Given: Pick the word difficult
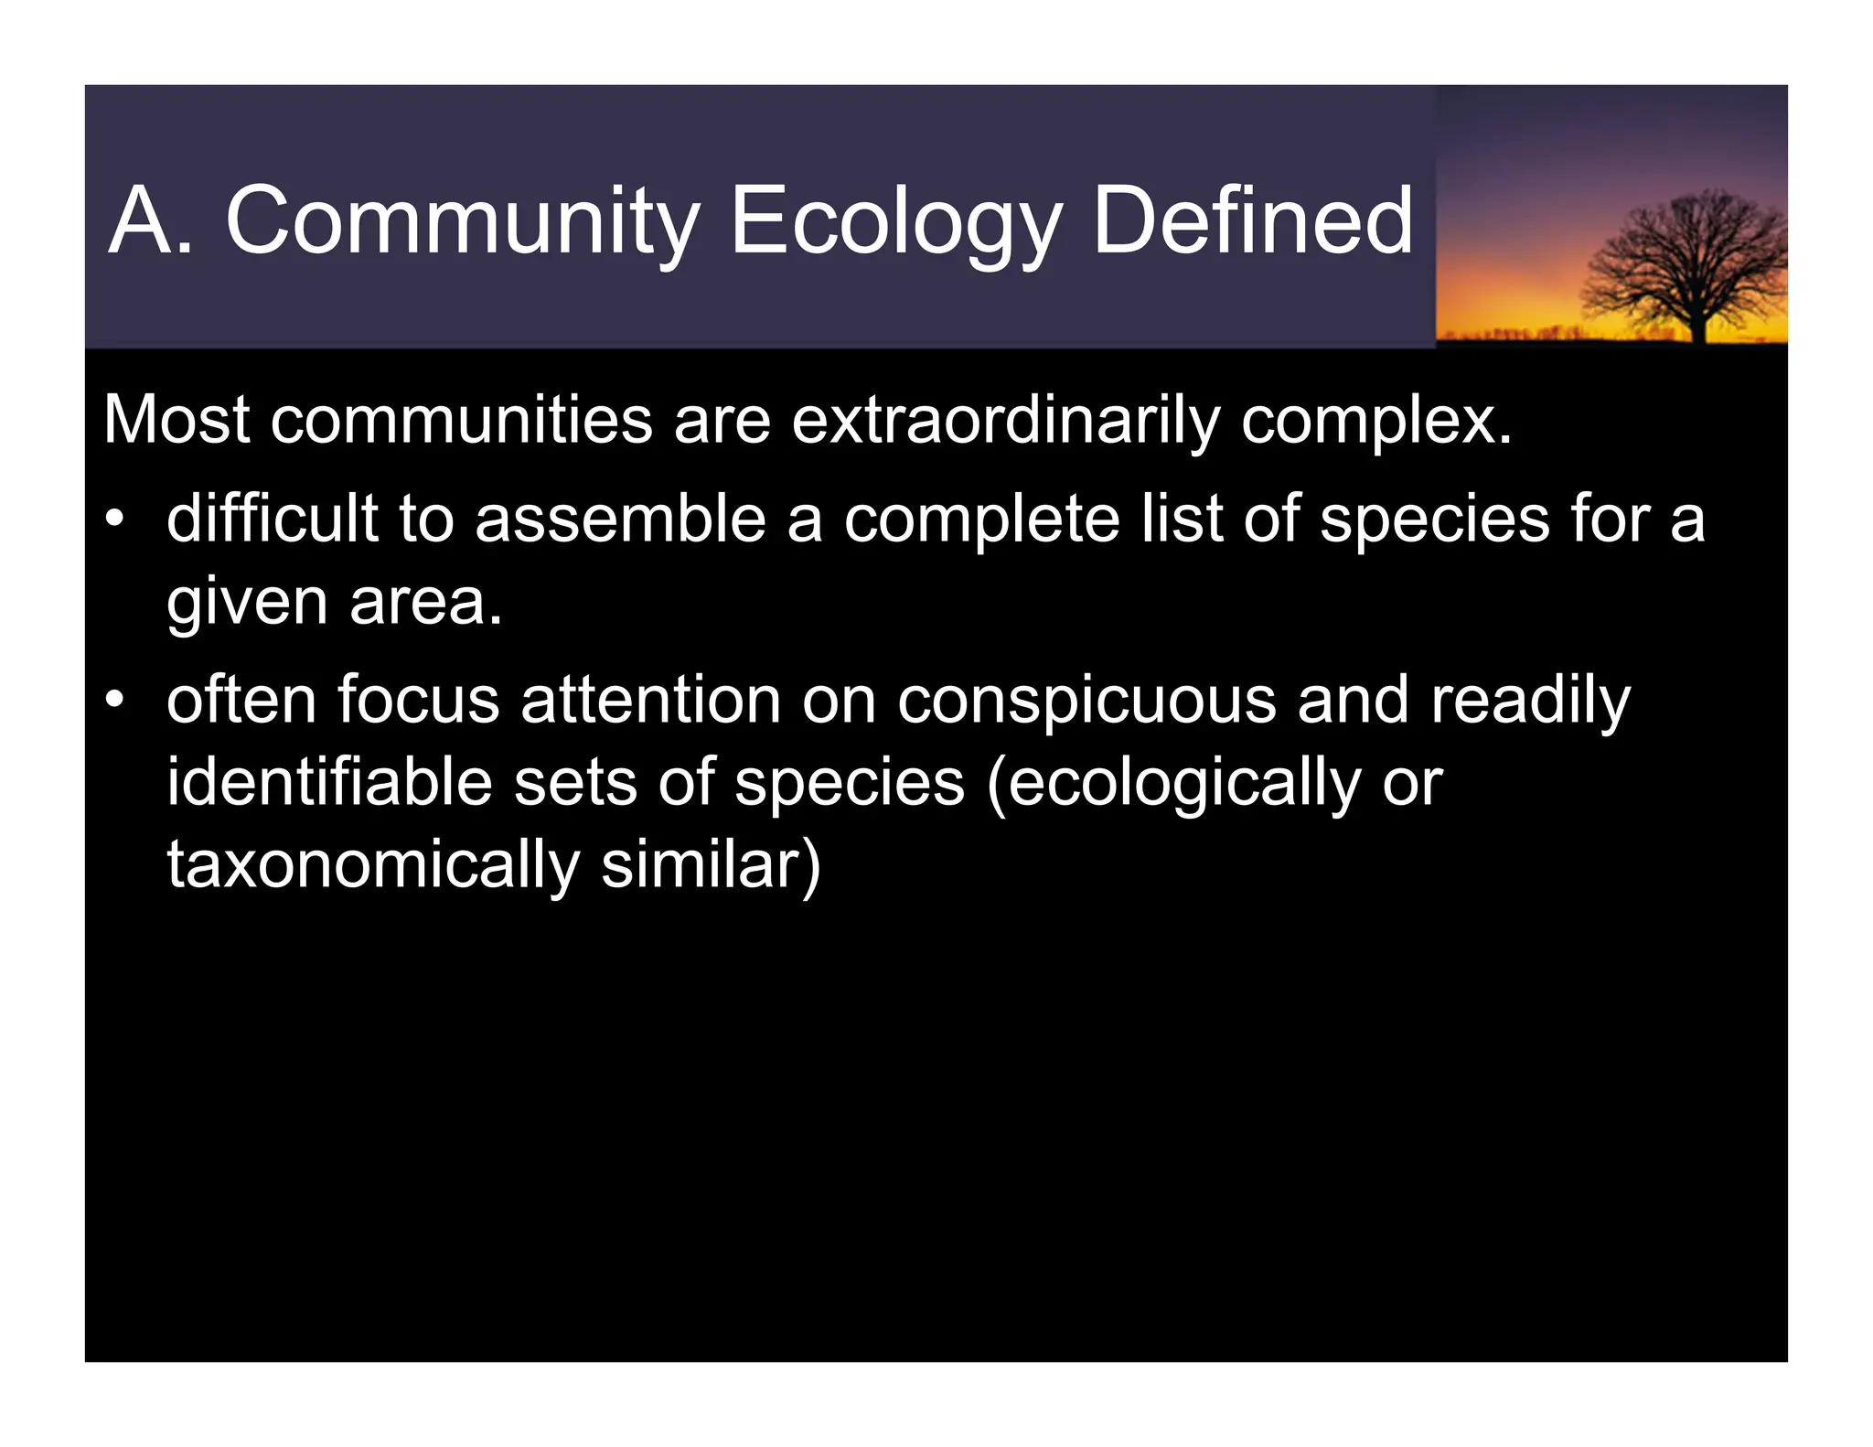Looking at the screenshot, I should pos(272,519).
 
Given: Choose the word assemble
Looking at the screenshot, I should pos(620,519).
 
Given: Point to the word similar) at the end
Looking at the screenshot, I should pos(711,865).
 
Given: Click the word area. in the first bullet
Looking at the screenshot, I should pos(425,603).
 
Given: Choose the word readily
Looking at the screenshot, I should pos(1530,701).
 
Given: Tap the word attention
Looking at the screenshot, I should pos(650,701).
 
